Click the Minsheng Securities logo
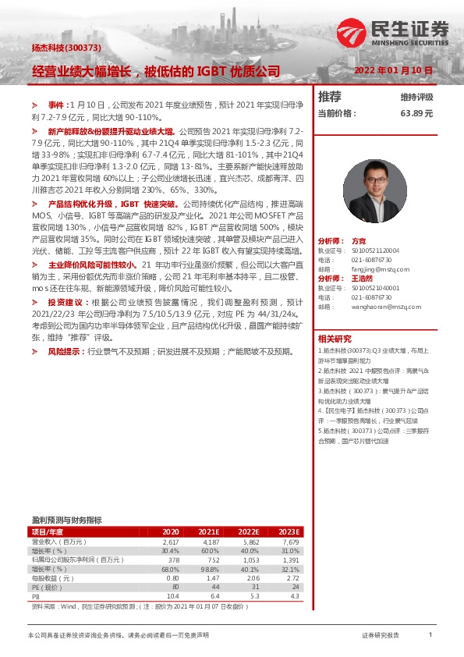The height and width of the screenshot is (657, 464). pyautogui.click(x=393, y=32)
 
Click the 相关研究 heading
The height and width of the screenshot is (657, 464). pyautogui.click(x=335, y=339)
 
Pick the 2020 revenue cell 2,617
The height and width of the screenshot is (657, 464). pyautogui.click(x=171, y=541)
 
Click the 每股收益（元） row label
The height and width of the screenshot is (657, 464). pyautogui.click(x=53, y=578)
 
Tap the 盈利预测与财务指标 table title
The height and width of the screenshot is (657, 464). pyautogui.click(x=66, y=520)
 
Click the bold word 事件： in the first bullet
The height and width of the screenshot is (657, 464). pyautogui.click(x=58, y=104)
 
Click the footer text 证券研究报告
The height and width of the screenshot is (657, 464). pyautogui.click(x=381, y=636)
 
